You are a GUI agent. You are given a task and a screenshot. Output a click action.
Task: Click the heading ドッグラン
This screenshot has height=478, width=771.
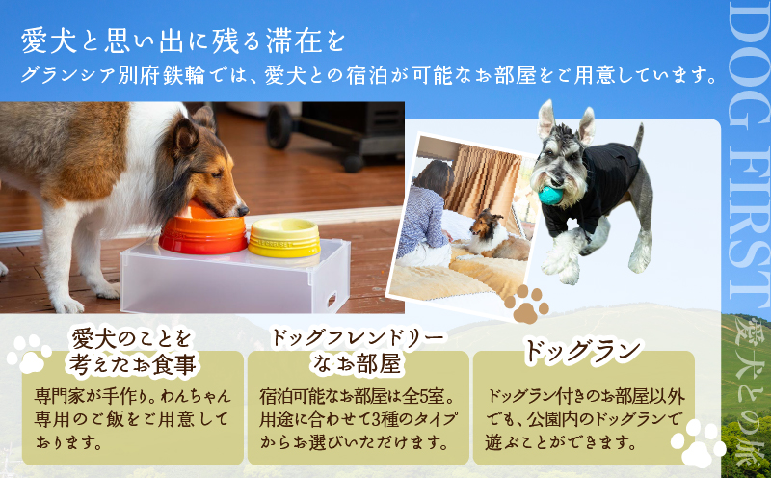point(583,352)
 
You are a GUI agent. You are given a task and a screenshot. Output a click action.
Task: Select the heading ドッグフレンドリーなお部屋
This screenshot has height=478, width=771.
point(358,350)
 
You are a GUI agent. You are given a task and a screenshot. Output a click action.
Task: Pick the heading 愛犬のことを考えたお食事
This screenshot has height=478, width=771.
point(132,350)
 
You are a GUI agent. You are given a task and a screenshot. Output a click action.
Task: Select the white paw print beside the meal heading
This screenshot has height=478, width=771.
point(29,353)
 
